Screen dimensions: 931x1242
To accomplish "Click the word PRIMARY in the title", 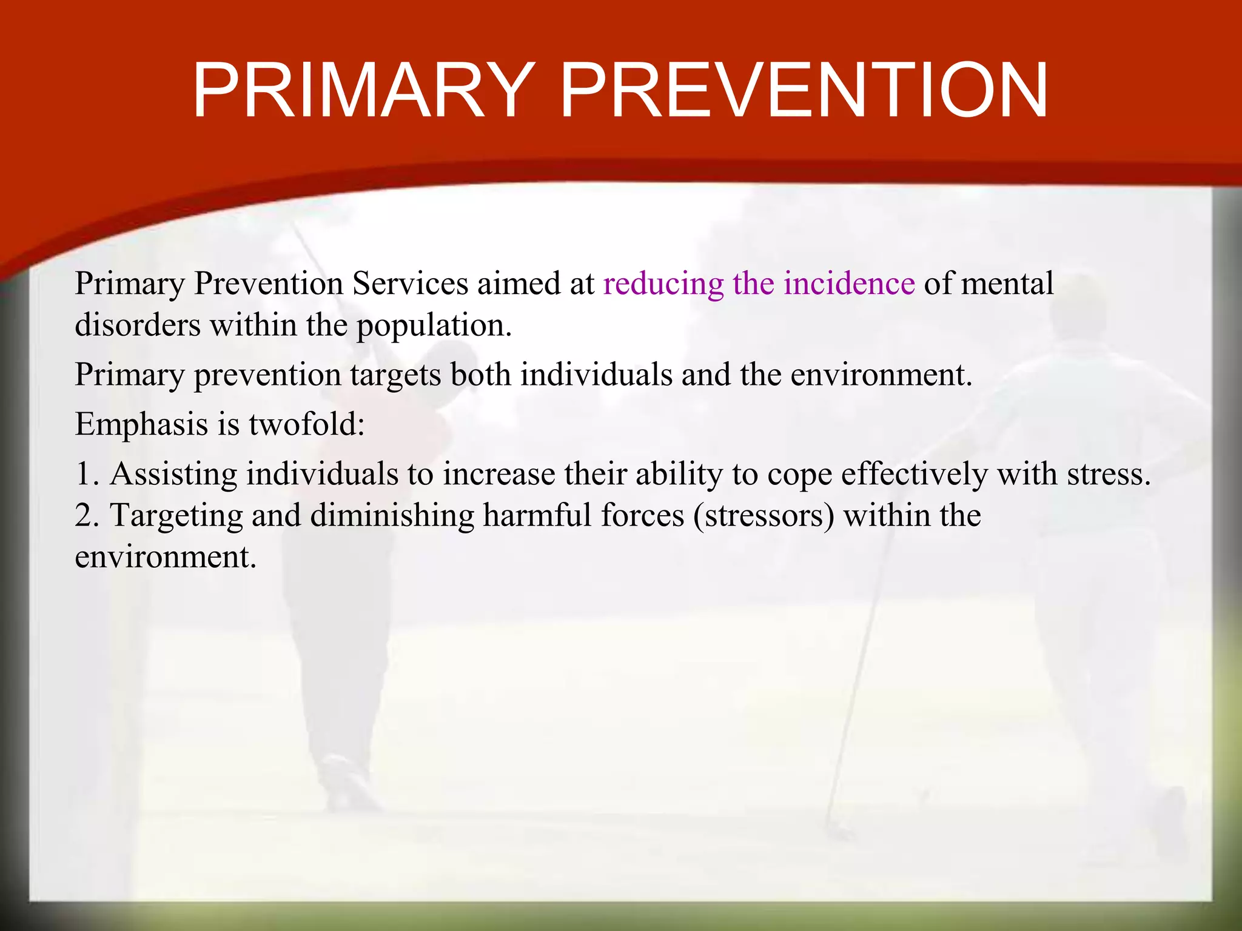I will click(x=362, y=91).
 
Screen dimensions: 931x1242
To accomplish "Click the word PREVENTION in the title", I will click(x=804, y=91).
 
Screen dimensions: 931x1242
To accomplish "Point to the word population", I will click(x=433, y=326).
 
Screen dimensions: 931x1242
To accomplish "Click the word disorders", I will click(x=137, y=325).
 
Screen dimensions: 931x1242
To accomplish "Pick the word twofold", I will click(x=306, y=424).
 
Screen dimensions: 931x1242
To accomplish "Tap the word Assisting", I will click(x=173, y=474).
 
